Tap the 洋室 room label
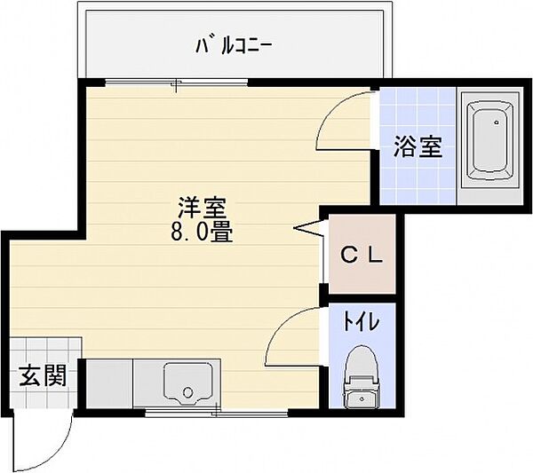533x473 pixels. tap(203, 210)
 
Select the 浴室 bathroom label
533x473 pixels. tap(418, 146)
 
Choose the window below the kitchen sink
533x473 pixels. tap(213, 412)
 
